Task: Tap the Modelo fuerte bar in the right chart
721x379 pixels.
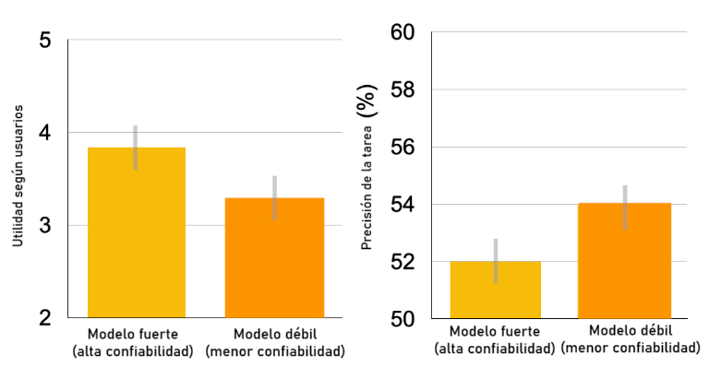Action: pyautogui.click(x=495, y=290)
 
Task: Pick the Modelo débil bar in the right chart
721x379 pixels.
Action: pyautogui.click(x=624, y=262)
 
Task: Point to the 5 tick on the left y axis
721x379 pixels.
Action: pyautogui.click(x=46, y=41)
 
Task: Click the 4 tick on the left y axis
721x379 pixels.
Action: pyautogui.click(x=46, y=133)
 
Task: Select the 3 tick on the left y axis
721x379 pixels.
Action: pyautogui.click(x=46, y=226)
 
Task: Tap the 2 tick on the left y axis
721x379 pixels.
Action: pyautogui.click(x=46, y=318)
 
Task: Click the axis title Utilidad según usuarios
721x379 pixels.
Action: pyautogui.click(x=18, y=181)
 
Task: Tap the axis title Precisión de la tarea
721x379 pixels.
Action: pyautogui.click(x=367, y=175)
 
